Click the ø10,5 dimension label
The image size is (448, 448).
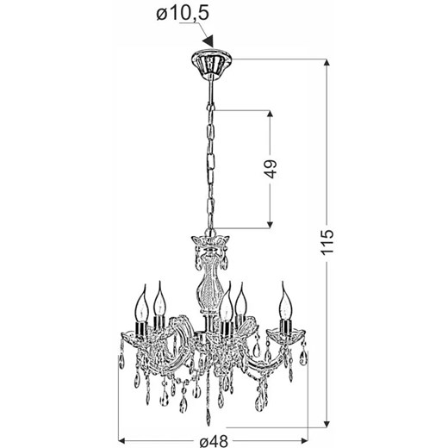(x=183, y=14)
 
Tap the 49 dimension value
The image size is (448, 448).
(x=271, y=168)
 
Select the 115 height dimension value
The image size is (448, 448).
(x=327, y=242)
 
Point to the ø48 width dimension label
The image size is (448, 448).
(x=214, y=441)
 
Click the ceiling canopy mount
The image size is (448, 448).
(x=211, y=63)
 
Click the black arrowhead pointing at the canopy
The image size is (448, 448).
(x=208, y=41)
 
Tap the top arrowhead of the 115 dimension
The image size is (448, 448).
(x=327, y=62)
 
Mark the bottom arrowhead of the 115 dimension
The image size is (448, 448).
(x=327, y=424)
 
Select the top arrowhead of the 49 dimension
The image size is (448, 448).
(x=270, y=114)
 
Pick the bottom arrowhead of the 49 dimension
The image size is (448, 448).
(x=270, y=225)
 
